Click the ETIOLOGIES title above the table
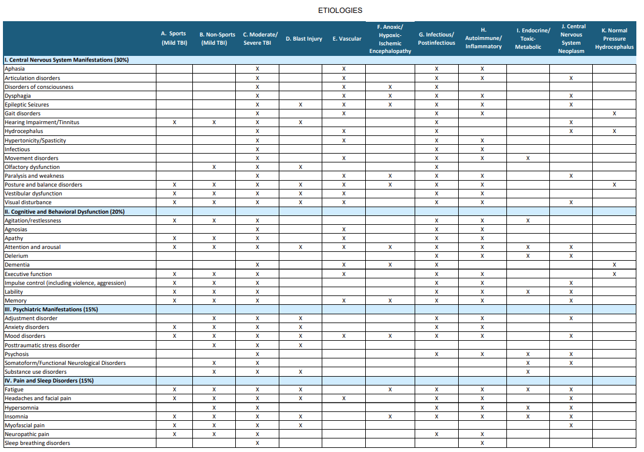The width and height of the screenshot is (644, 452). [340, 10]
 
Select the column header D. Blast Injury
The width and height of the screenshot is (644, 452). [304, 39]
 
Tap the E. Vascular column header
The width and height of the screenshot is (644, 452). [347, 39]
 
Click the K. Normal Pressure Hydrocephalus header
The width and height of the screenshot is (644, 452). [614, 39]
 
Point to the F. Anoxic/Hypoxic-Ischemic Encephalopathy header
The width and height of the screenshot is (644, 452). [390, 39]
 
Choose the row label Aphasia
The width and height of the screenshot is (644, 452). [15, 69]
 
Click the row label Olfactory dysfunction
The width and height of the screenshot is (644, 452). [32, 167]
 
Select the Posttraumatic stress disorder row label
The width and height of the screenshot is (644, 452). [42, 345]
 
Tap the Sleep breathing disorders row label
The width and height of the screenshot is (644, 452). [38, 443]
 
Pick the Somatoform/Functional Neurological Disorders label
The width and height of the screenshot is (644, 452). [65, 363]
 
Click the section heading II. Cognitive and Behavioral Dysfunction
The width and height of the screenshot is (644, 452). [65, 212]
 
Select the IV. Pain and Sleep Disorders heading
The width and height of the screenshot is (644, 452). [49, 381]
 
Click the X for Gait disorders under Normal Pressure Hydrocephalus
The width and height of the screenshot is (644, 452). [614, 114]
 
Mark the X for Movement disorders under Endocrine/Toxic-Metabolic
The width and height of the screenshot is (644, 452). [528, 158]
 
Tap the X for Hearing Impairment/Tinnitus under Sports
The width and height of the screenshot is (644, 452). [174, 122]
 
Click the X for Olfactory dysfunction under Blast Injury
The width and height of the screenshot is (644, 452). [301, 167]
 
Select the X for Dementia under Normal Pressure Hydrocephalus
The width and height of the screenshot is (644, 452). [614, 265]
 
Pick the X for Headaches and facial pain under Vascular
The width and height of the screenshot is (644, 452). [343, 398]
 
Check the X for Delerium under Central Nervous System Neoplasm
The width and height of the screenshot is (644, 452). [571, 256]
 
